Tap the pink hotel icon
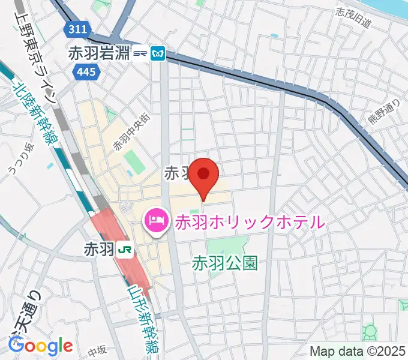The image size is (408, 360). pyautogui.click(x=157, y=221)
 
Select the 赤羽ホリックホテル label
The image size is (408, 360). pyautogui.click(x=249, y=221)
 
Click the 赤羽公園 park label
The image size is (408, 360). pyautogui.click(x=225, y=262)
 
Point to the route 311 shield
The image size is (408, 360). pyautogui.click(x=77, y=28)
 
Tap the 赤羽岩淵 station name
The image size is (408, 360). pyautogui.click(x=100, y=53)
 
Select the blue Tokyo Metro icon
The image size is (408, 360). pyautogui.click(x=158, y=53)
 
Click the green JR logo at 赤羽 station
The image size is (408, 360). pyautogui.click(x=125, y=248)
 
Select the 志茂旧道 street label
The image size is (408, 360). pyautogui.click(x=354, y=19)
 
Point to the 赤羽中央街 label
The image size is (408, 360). pyautogui.click(x=127, y=132)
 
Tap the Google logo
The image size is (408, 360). pyautogui.click(x=40, y=346)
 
